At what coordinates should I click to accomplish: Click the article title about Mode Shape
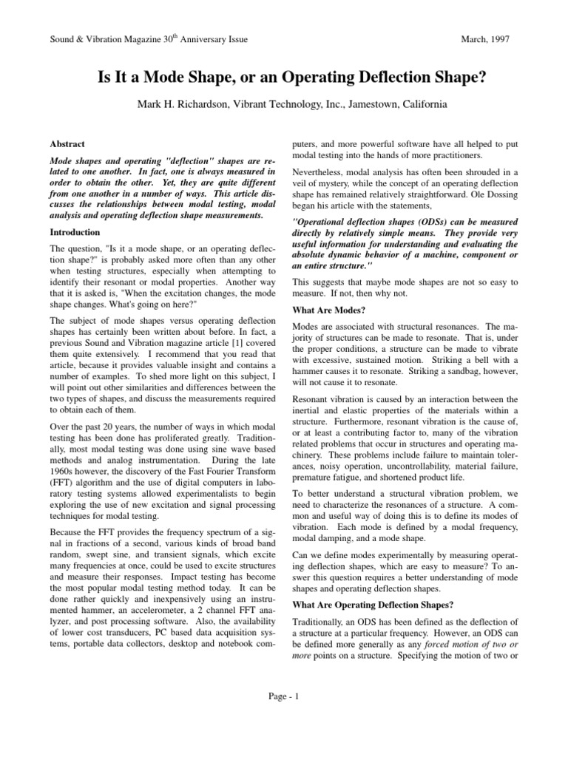(283, 77)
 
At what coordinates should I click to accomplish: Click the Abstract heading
(67, 144)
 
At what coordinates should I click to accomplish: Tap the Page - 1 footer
(283, 718)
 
